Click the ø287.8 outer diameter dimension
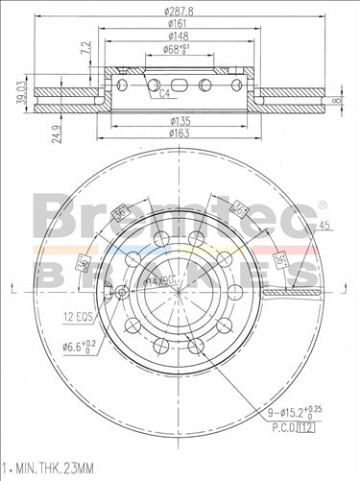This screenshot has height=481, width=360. pyautogui.click(x=180, y=10)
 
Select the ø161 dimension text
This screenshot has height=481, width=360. pyautogui.click(x=180, y=22)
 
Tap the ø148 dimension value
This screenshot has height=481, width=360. pyautogui.click(x=180, y=35)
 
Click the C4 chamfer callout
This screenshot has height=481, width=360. pyautogui.click(x=164, y=93)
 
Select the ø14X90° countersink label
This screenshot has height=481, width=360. pyautogui.click(x=159, y=281)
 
